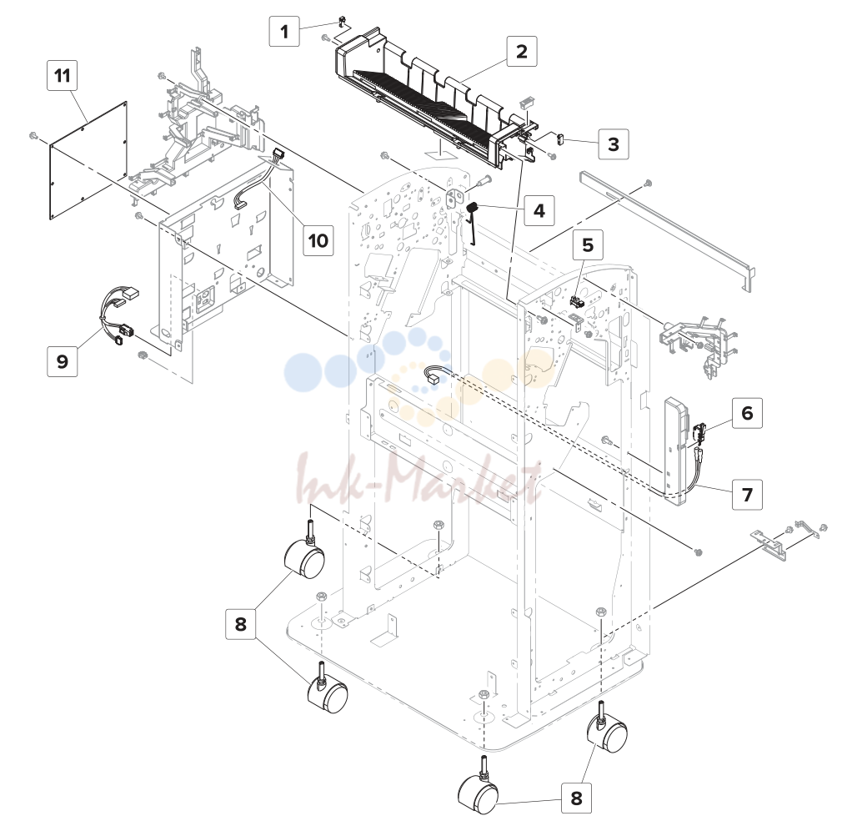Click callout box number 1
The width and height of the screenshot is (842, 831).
click(284, 31)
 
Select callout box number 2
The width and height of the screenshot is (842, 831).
click(521, 52)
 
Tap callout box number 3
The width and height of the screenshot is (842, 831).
click(614, 144)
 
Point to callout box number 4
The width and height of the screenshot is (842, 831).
click(539, 210)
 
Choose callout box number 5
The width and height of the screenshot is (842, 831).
click(588, 245)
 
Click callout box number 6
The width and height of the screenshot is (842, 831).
click(748, 413)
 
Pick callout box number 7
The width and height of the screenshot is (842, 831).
click(748, 494)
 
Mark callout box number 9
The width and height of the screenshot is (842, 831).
click(63, 361)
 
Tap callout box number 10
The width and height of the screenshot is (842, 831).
click(318, 239)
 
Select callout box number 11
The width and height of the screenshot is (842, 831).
click(63, 75)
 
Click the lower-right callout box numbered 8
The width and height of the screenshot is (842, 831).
click(576, 798)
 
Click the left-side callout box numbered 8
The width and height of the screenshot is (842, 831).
click(241, 624)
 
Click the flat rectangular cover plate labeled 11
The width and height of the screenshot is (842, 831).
click(88, 160)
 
